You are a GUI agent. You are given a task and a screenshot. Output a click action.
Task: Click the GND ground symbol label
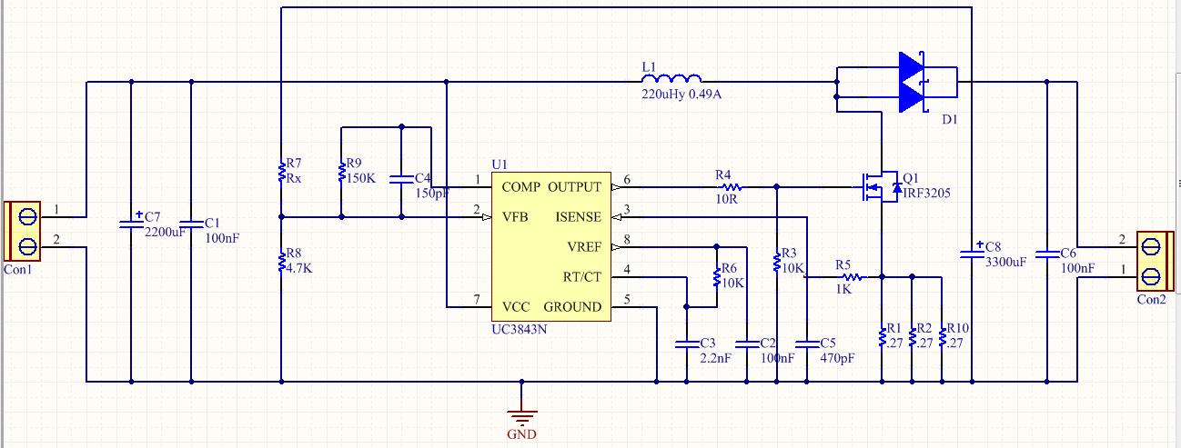[521, 434]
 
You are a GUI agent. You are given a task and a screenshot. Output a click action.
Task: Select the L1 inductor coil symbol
[671, 78]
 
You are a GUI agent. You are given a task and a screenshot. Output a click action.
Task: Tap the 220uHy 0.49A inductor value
[681, 95]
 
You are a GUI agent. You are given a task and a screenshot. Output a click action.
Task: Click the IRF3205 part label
[926, 194]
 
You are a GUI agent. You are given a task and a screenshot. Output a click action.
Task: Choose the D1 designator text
[949, 120]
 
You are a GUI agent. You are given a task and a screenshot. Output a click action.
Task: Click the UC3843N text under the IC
[519, 330]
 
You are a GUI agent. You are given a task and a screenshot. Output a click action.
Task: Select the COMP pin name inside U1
[521, 187]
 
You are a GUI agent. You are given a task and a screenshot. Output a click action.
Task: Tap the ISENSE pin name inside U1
[578, 217]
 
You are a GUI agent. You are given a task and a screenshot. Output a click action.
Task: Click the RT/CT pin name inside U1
[581, 277]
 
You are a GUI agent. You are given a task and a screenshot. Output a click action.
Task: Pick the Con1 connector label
[18, 270]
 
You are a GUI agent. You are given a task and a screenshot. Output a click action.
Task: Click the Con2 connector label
[1151, 300]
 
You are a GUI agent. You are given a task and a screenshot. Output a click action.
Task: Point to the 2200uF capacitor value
[165, 232]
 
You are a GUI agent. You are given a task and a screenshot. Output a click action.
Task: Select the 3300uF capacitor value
[1005, 263]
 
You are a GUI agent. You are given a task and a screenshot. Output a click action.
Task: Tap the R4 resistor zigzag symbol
[732, 187]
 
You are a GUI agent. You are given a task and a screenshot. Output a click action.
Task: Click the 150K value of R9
[360, 178]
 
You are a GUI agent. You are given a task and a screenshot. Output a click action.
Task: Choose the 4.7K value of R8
[299, 268]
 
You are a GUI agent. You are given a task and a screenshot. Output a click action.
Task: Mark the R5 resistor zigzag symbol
[853, 277]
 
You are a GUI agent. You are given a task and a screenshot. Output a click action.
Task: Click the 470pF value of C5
[837, 359]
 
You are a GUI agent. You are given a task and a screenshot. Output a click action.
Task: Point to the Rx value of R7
[294, 178]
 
